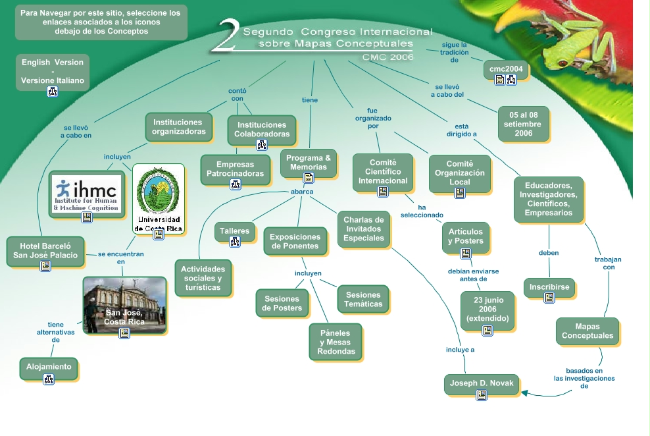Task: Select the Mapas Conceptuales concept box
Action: tap(587, 331)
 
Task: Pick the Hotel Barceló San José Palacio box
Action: tap(45, 251)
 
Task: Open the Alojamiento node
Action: tap(49, 368)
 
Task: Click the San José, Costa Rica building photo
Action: tap(124, 304)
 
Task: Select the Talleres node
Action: tap(234, 231)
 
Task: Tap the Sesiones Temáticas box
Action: tap(363, 300)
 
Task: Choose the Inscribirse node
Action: tap(549, 288)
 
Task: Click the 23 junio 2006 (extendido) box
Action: tap(487, 310)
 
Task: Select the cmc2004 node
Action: tap(506, 68)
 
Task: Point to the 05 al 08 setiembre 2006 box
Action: tap(524, 124)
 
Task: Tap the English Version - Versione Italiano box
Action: tap(53, 72)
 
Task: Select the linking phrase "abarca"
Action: tap(302, 192)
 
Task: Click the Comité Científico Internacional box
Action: tap(383, 172)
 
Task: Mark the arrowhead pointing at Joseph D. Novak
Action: tap(525, 393)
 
